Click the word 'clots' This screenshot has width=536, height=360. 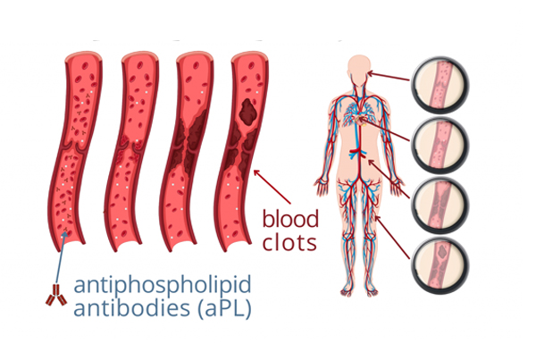tap(289, 242)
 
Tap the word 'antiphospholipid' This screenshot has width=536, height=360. tap(163, 286)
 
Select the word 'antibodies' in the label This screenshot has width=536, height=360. tap(132, 306)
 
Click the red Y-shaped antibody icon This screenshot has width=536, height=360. tap(56, 295)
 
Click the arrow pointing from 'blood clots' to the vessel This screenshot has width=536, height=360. tap(272, 187)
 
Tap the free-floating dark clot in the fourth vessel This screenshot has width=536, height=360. tap(248, 112)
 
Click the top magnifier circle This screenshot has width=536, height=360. tap(440, 84)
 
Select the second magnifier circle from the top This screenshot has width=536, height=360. tap(440, 146)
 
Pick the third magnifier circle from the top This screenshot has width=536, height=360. tap(440, 205)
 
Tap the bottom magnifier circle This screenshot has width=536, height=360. tap(440, 265)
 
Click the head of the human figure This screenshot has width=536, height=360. tap(359, 69)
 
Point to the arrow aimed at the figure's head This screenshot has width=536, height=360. tap(389, 76)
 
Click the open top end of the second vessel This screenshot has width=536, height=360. tap(140, 57)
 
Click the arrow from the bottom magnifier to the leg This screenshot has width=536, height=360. tap(392, 237)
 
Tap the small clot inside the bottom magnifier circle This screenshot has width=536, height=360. tap(443, 252)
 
